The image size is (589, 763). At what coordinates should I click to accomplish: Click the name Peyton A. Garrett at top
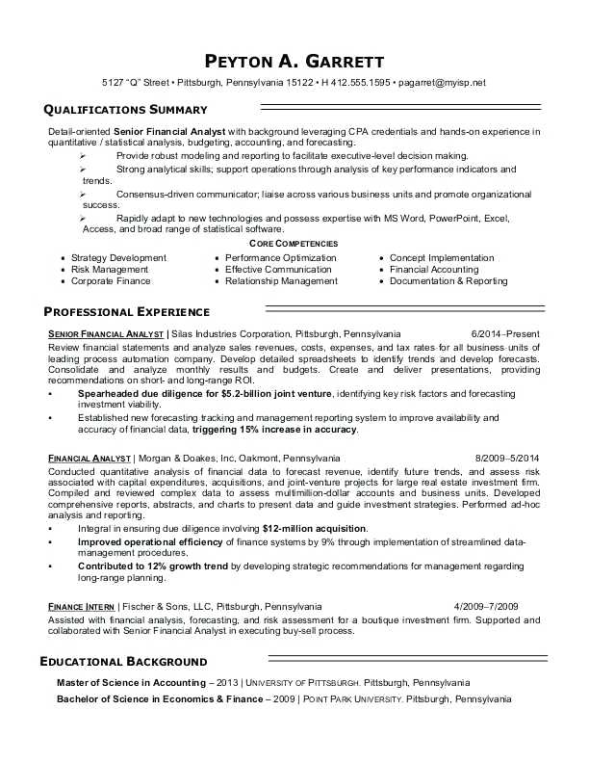(294, 59)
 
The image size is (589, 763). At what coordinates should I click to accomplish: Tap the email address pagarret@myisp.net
(443, 83)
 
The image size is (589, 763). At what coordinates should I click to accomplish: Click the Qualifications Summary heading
(126, 110)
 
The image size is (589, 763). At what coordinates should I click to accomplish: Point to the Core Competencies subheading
(294, 245)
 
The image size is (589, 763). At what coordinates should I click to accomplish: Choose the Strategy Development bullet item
(118, 258)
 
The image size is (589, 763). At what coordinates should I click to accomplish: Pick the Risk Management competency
(110, 270)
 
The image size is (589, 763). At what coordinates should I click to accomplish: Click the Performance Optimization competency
(281, 258)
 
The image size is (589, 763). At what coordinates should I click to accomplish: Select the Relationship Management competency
(281, 281)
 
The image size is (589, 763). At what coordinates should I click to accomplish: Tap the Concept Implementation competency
(442, 258)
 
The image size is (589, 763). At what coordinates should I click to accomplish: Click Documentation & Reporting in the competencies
(448, 281)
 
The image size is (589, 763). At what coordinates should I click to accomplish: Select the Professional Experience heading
(127, 312)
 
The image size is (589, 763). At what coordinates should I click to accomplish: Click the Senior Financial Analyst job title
(106, 332)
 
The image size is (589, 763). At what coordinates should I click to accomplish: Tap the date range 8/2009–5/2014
(507, 457)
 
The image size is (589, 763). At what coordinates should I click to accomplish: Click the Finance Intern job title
(81, 606)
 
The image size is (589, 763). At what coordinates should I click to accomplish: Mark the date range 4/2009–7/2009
(486, 606)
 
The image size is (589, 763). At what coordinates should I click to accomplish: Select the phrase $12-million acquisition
(314, 529)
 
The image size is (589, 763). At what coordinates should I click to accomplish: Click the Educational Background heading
(123, 662)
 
